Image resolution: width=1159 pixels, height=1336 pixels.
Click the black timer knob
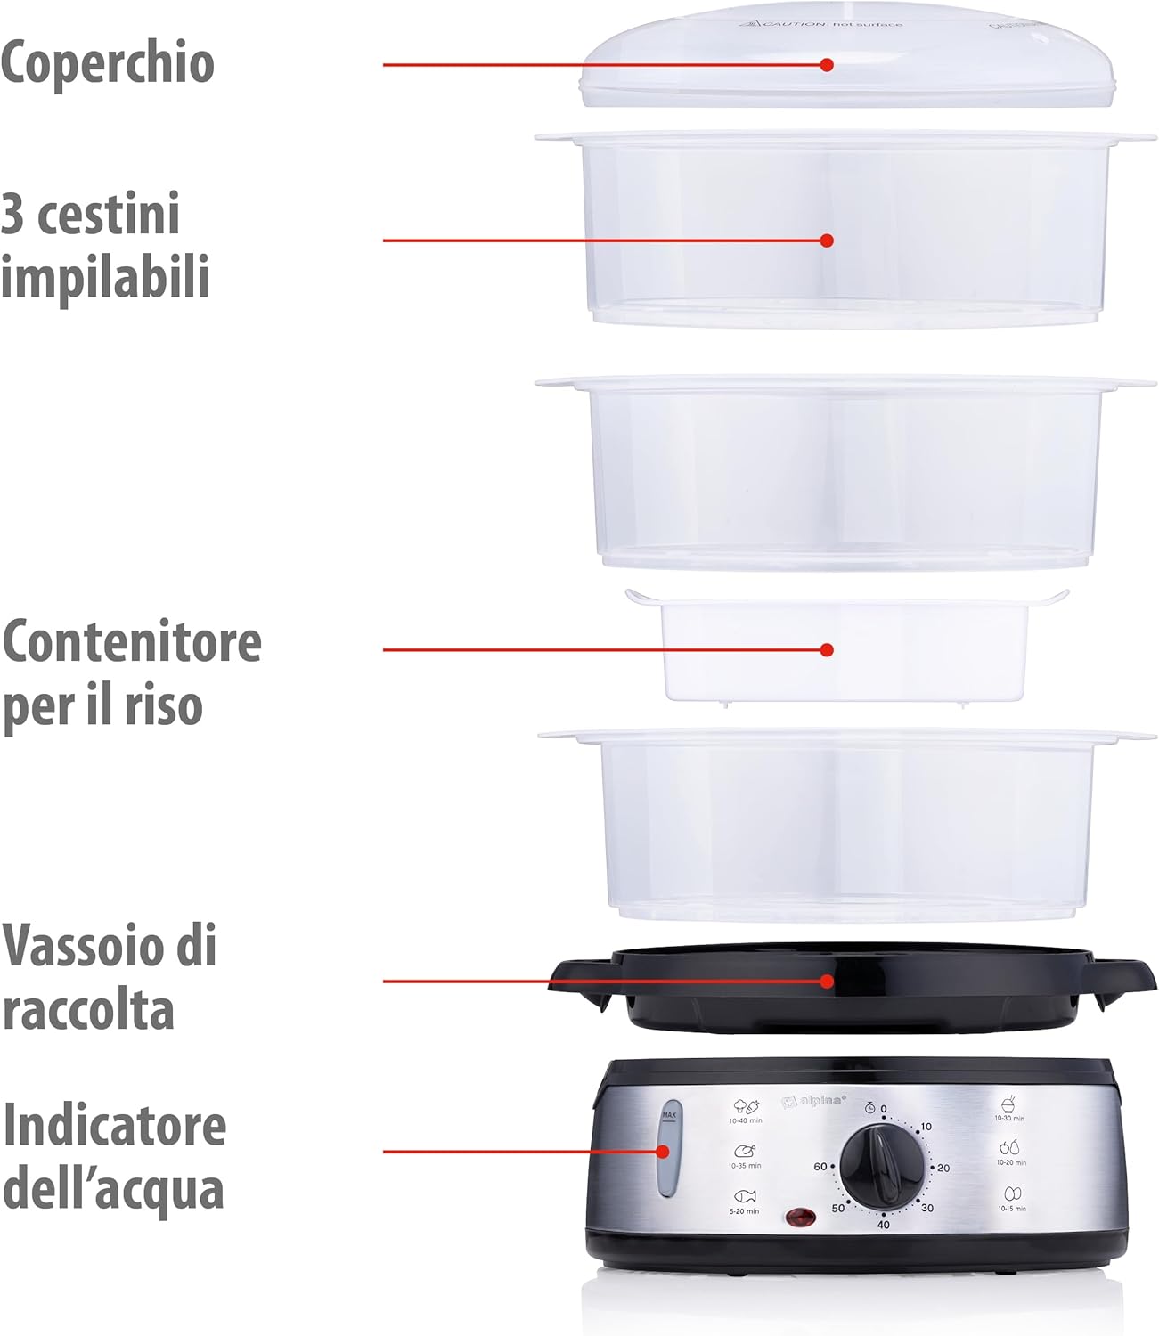883,1166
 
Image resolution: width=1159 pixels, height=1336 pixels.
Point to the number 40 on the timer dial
883,1225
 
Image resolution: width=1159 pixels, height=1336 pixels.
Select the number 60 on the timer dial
820,1167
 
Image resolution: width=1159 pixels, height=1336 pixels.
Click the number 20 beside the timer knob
943,1168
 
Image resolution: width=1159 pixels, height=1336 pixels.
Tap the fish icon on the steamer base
745,1196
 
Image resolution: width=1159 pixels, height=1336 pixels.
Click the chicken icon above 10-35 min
745,1151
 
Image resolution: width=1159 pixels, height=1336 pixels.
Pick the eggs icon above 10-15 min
1012,1193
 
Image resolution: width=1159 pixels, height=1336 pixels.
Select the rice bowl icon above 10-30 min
1009,1104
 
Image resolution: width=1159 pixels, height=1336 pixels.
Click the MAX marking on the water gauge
669,1114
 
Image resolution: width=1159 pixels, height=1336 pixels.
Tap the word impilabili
105,276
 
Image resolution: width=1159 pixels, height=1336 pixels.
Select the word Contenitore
132,641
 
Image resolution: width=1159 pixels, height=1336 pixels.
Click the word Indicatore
115,1125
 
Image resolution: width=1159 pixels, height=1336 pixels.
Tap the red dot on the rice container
827,650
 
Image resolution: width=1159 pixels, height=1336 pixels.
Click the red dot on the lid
827,65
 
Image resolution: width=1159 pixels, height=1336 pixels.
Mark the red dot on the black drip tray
828,981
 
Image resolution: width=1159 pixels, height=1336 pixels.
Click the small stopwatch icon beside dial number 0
869,1108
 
